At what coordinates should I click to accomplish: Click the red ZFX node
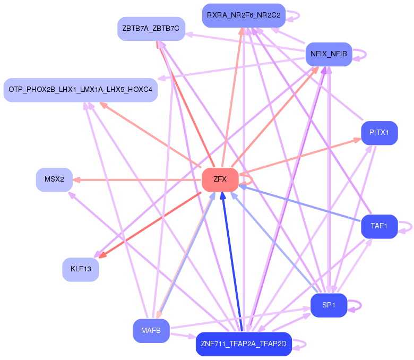point(220,179)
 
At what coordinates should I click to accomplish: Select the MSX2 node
point(54,179)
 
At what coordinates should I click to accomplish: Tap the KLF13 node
point(81,269)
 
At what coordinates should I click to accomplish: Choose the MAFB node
point(151,331)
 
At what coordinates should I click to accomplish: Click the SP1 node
point(329,305)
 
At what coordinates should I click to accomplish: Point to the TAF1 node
point(379,226)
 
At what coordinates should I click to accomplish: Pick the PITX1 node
point(379,133)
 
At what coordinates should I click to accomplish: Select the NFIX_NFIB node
point(329,54)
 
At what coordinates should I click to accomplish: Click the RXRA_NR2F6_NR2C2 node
point(244,15)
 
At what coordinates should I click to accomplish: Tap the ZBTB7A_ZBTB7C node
point(150,28)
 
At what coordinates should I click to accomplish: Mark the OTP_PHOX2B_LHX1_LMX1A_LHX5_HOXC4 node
point(80,90)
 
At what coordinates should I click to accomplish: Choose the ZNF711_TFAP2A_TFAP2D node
point(244,344)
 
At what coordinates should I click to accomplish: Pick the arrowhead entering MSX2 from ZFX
point(76,179)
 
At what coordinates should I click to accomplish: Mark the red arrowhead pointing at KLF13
point(103,256)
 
